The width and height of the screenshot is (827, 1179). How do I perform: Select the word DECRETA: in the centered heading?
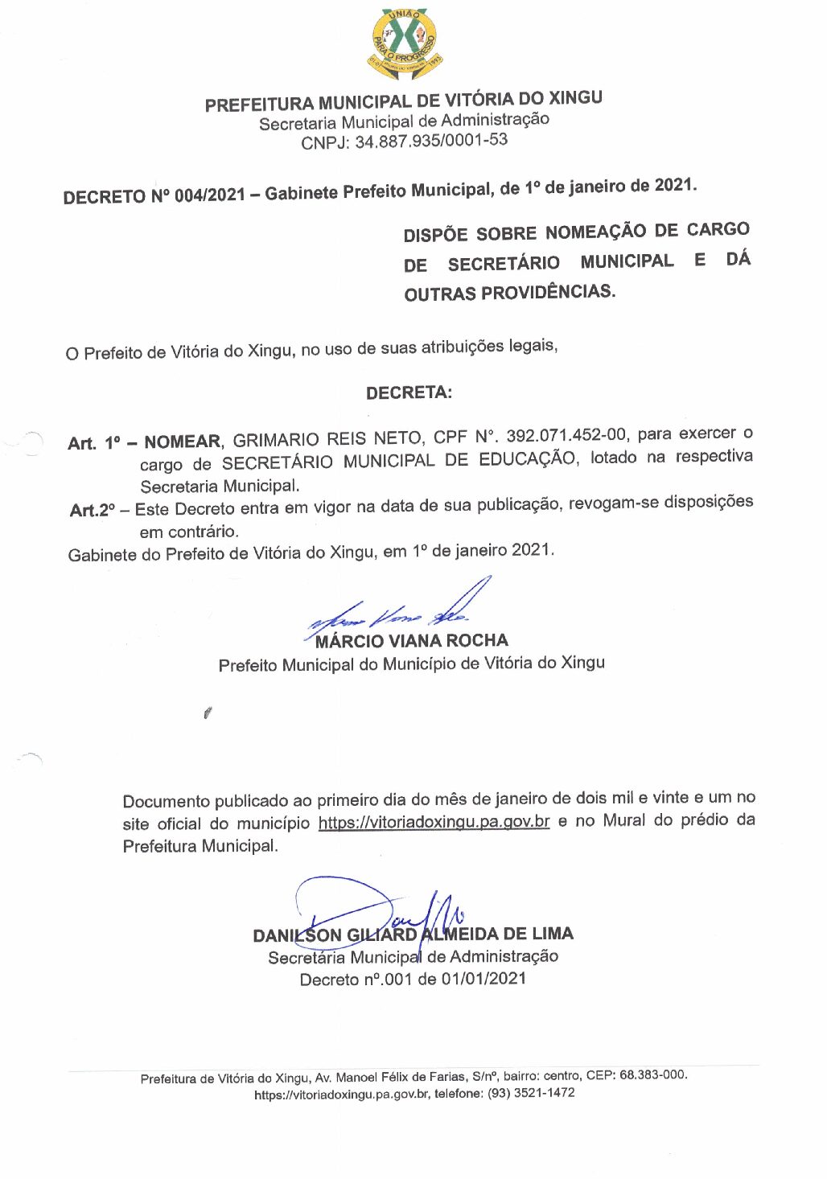[409, 393]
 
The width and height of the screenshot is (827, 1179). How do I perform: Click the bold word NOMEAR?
[182, 442]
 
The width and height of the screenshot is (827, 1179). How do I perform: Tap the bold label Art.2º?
[93, 510]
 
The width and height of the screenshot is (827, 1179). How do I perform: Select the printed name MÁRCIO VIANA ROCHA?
[412, 641]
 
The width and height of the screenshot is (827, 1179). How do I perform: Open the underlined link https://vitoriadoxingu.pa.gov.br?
[434, 822]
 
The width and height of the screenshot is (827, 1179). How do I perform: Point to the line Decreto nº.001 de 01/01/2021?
[413, 980]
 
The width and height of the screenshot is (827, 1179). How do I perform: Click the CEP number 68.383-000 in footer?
[652, 1075]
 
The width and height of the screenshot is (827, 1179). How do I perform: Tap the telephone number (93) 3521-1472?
[531, 1094]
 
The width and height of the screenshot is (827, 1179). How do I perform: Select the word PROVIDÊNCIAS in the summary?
[548, 292]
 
